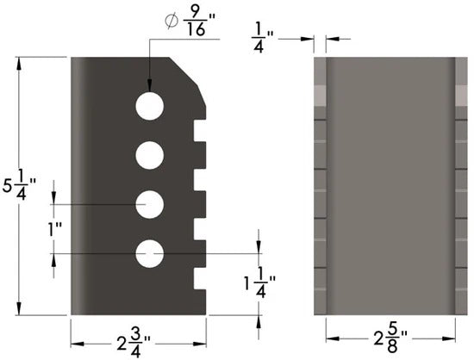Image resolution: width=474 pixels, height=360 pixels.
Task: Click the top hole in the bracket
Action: pos(149,106)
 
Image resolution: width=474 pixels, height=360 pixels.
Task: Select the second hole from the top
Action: pos(149,155)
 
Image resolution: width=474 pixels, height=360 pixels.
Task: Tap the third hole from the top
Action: pos(149,204)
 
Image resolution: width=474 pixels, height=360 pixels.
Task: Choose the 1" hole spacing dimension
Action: pos(56,229)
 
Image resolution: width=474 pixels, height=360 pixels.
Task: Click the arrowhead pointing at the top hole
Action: pos(149,87)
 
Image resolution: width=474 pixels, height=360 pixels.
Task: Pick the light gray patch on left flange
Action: pos(321,94)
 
